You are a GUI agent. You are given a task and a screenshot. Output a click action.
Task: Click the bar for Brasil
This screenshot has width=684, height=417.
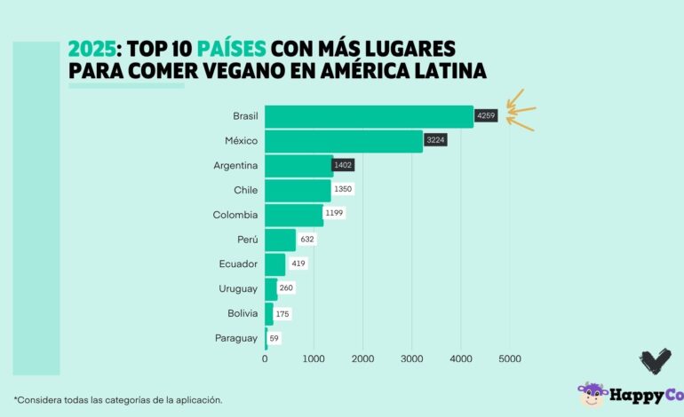(x=369, y=116)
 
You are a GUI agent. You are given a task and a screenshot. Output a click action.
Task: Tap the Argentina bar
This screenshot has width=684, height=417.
(x=298, y=166)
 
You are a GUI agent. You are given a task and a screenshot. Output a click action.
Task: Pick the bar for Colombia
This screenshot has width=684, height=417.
(x=294, y=215)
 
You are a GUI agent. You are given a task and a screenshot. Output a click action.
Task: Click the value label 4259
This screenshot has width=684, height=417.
(x=486, y=115)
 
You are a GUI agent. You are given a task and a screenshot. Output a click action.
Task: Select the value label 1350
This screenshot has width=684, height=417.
(x=344, y=190)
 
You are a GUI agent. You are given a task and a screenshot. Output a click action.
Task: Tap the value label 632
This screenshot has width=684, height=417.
(x=307, y=239)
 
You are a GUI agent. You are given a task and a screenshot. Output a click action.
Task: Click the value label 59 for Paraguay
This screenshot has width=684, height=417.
(x=274, y=338)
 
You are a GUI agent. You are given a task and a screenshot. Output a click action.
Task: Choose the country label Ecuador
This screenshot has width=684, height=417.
(x=238, y=264)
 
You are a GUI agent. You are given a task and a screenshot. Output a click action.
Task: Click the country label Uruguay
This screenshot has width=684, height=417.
(x=238, y=288)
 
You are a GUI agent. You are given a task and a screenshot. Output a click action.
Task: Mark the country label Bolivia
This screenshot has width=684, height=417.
(x=241, y=313)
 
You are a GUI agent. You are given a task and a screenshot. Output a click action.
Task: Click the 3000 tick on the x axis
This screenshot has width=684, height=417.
(x=411, y=358)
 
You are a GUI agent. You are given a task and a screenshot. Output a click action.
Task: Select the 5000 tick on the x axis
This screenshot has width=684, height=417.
(x=509, y=358)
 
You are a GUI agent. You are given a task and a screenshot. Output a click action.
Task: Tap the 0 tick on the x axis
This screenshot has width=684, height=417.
(x=265, y=358)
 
